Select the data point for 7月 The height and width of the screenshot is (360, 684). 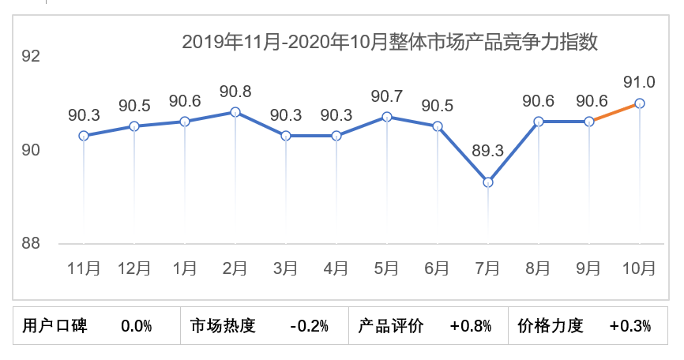tap(488, 182)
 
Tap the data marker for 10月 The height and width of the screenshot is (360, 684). tap(640, 103)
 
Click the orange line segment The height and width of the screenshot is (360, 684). tap(614, 112)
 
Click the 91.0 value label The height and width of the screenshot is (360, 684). tap(639, 82)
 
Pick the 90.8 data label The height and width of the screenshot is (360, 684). tap(235, 91)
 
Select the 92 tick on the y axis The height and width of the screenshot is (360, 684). tap(31, 57)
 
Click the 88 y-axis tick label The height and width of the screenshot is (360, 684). tap(31, 243)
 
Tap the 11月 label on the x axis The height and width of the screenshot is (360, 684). tap(84, 268)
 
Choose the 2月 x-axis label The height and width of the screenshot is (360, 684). tap(235, 268)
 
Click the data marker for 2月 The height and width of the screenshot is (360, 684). tap(235, 112)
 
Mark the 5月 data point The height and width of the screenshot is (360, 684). tap(387, 117)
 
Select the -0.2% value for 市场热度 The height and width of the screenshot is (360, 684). tap(309, 325)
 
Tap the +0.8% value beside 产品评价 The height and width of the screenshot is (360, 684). tap(471, 325)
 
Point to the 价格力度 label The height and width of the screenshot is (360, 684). tap(551, 325)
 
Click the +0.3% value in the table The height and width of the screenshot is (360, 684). tap(630, 325)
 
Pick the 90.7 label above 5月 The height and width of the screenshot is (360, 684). tap(387, 96)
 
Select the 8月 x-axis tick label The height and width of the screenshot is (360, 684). tap(539, 268)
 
